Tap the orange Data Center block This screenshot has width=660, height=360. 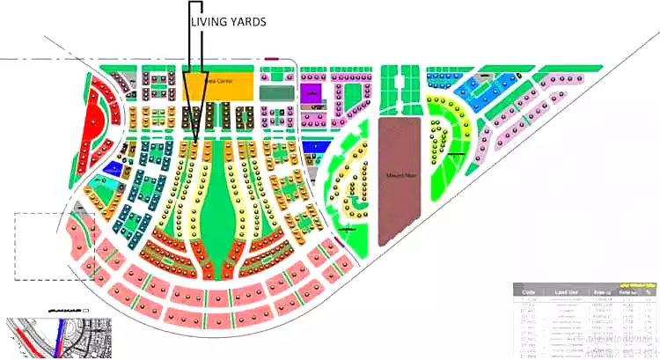click(x=217, y=86)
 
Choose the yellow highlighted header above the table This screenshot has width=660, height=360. click(x=635, y=286)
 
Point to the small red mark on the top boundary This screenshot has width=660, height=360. click(x=269, y=59)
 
